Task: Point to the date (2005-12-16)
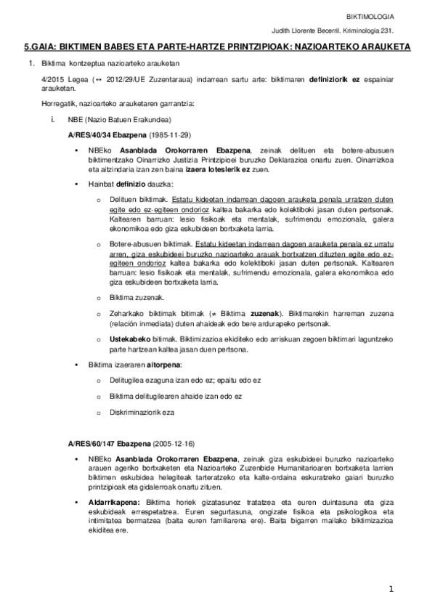coord(172,443)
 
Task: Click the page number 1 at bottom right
coord(390,589)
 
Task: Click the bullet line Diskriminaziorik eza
coord(142,411)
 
